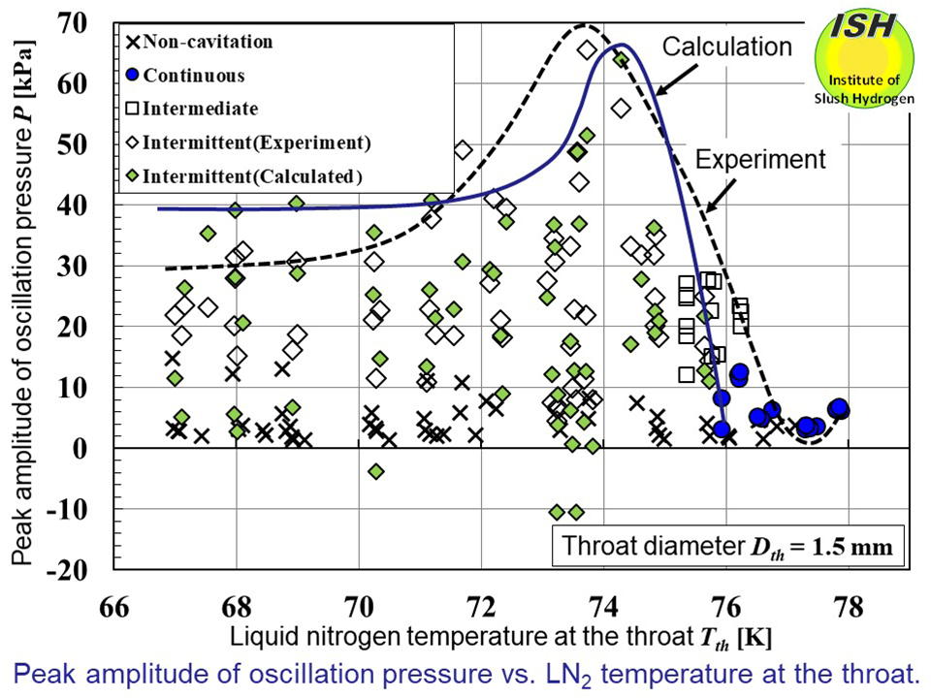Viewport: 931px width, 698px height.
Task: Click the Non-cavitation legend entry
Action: (200, 42)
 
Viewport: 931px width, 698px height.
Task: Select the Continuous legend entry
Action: (185, 76)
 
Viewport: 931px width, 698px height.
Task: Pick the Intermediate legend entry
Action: (193, 109)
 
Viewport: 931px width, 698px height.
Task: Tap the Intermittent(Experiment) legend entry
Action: (247, 143)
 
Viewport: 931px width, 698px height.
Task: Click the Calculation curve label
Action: (726, 47)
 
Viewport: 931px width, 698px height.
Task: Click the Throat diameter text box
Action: (728, 549)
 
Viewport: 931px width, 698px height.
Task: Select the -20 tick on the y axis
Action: (81, 569)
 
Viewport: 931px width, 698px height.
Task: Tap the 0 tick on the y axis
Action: (92, 448)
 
